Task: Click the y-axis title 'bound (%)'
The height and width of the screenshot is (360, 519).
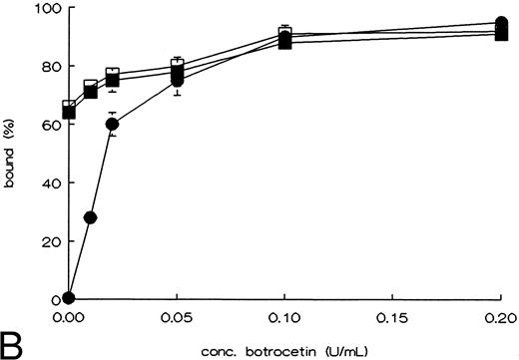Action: coord(12,155)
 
